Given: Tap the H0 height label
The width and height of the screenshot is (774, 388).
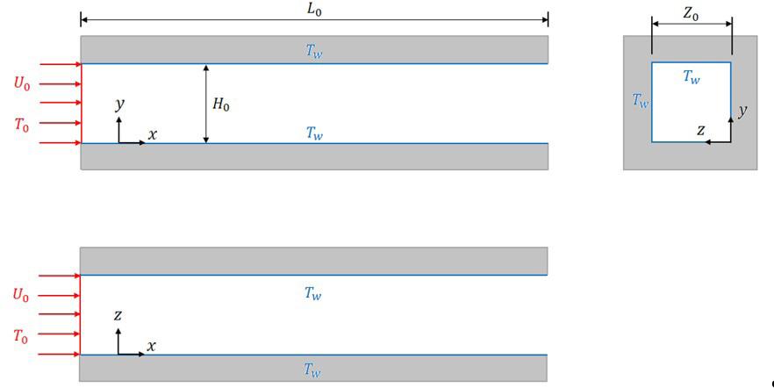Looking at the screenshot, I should pyautogui.click(x=220, y=104).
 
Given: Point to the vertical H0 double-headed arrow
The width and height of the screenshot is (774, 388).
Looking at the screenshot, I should pyautogui.click(x=206, y=104).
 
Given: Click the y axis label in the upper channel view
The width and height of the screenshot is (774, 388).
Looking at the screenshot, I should pyautogui.click(x=120, y=104).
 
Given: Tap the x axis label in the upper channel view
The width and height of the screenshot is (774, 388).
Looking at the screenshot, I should pyautogui.click(x=153, y=134).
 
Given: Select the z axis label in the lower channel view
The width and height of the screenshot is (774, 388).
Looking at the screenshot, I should pyautogui.click(x=119, y=315).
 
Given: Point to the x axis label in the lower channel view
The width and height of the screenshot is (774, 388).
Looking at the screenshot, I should pyautogui.click(x=151, y=346).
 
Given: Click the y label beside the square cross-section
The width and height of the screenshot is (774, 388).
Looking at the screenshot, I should pyautogui.click(x=742, y=111).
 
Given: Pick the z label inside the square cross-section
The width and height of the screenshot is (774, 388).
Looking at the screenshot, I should pyautogui.click(x=700, y=129).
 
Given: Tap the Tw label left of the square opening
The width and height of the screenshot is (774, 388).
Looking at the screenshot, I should pyautogui.click(x=641, y=101).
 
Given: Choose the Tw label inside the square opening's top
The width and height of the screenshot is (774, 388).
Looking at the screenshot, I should pyautogui.click(x=692, y=77).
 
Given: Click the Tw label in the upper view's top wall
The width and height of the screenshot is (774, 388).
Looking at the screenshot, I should pyautogui.click(x=313, y=51).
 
